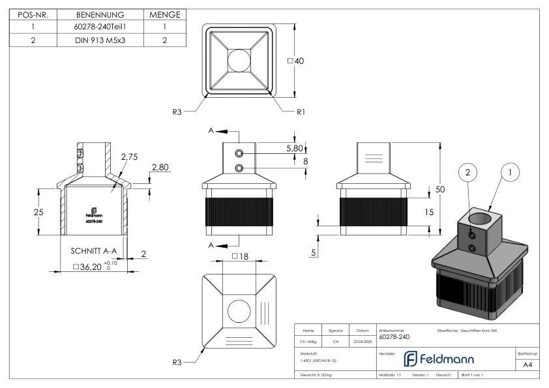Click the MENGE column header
164,14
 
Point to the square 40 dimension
297,61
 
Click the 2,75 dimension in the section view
129,157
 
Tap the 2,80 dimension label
160,168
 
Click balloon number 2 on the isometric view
467,173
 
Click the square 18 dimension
240,256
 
